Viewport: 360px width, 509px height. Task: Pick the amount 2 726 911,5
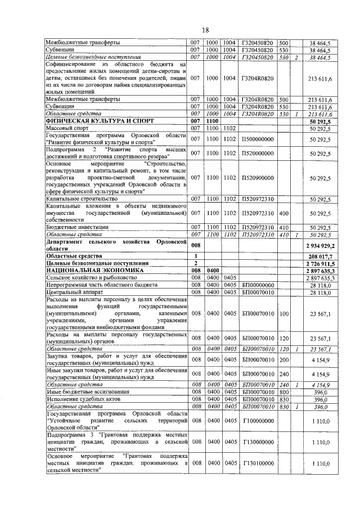tap(321, 263)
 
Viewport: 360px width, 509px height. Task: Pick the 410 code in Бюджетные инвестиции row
tap(283, 227)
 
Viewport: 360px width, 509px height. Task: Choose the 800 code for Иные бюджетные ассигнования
tap(283, 391)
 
